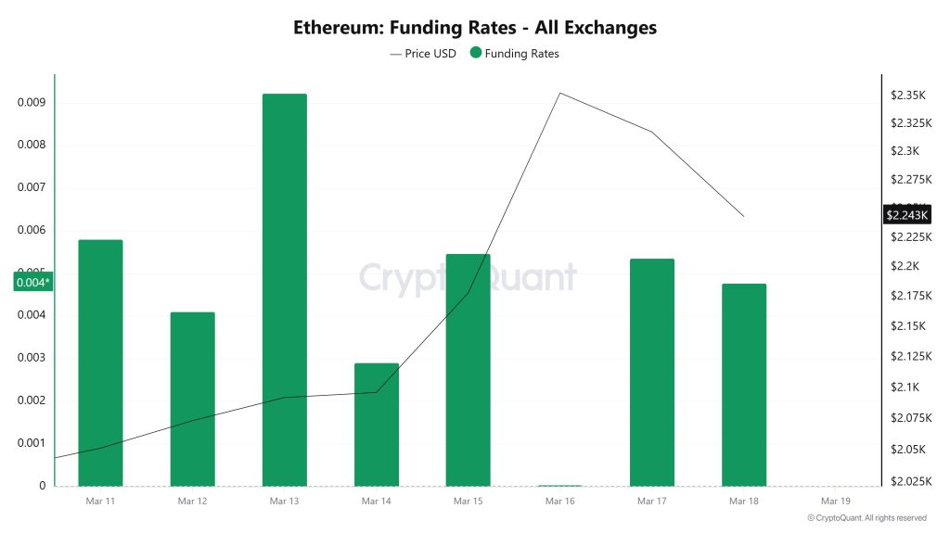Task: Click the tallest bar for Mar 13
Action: click(284, 289)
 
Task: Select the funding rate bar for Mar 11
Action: click(100, 362)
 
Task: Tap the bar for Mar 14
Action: click(376, 424)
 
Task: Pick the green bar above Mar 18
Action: click(743, 384)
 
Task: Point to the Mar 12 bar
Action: click(192, 399)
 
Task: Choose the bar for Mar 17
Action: click(651, 372)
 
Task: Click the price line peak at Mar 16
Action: click(559, 93)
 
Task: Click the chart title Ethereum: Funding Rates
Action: click(475, 28)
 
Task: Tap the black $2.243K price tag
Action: click(906, 215)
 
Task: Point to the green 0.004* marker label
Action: click(32, 283)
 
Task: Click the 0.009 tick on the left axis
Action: click(31, 102)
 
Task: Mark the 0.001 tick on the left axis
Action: click(31, 443)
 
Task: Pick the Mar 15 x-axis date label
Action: click(468, 502)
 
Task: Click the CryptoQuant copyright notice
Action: click(867, 518)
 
